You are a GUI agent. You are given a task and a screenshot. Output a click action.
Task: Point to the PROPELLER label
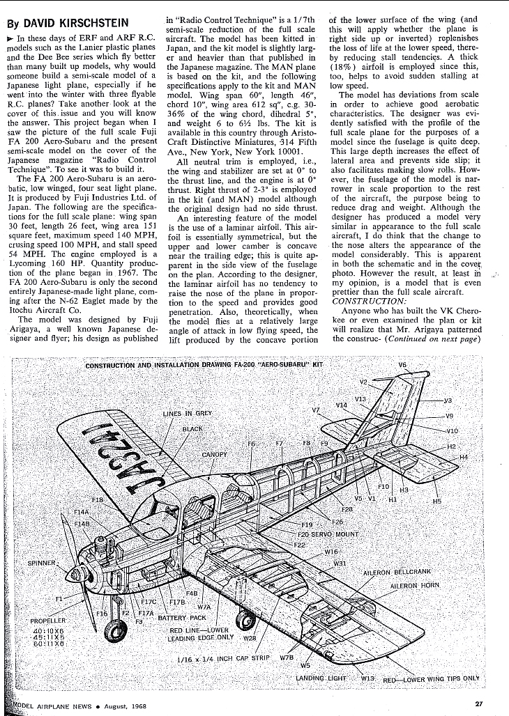pyautogui.click(x=48, y=620)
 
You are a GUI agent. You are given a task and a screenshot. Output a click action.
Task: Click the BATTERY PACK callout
pyautogui.click(x=183, y=617)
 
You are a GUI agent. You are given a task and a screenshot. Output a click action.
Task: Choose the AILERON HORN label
pyautogui.click(x=416, y=585)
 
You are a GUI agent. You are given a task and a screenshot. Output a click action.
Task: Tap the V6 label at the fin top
pyautogui.click(x=402, y=364)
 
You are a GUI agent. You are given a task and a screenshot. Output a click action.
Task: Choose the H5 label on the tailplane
pyautogui.click(x=437, y=501)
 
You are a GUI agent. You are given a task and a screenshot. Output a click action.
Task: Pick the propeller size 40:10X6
pyautogui.click(x=49, y=630)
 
